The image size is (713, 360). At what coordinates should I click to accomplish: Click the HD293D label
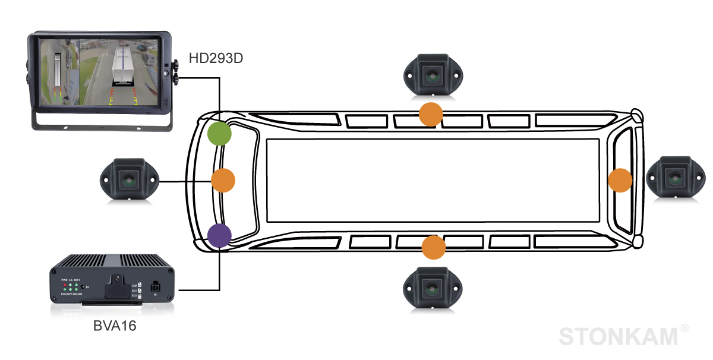click(216, 58)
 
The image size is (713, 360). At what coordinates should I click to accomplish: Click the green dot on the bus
click(219, 133)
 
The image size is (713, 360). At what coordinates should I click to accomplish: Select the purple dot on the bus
click(219, 235)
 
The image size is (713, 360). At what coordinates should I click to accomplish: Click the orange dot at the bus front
click(223, 180)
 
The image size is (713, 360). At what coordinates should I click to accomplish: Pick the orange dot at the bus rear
click(620, 180)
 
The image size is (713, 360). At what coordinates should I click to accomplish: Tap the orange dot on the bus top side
click(431, 114)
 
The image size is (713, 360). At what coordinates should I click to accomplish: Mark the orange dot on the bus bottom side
click(433, 247)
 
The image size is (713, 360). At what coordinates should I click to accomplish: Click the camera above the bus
click(432, 74)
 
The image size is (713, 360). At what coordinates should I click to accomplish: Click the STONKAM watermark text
click(618, 336)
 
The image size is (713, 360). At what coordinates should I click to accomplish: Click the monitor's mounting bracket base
click(101, 125)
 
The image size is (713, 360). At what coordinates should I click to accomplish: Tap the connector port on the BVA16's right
click(155, 288)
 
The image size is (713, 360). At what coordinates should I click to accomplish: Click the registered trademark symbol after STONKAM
click(684, 328)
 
